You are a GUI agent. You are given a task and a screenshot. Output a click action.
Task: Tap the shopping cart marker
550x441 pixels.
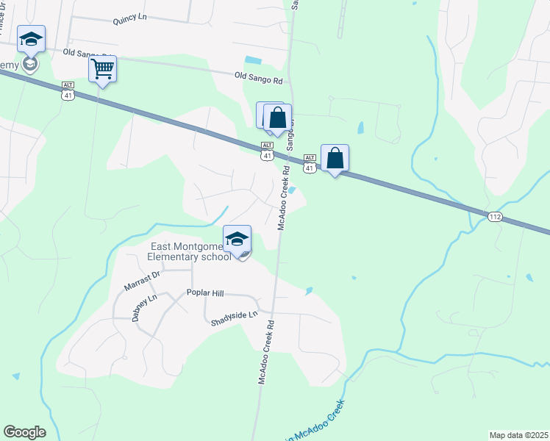coord(103,70)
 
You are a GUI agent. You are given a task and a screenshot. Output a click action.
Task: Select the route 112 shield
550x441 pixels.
coord(494,216)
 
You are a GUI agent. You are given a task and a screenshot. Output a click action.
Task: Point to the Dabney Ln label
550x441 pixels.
coord(145,308)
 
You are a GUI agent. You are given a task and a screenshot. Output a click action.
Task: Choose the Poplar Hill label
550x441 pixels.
coord(204,293)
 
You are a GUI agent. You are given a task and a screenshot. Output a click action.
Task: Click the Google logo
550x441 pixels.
coord(24,432)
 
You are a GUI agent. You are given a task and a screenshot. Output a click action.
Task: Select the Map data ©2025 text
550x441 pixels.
coord(518,435)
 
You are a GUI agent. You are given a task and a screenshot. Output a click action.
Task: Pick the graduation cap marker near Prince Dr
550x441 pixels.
coord(31,39)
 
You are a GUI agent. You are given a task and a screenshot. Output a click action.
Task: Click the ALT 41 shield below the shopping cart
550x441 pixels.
coord(68,90)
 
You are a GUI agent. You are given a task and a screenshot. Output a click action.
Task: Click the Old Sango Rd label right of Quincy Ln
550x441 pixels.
coord(258,76)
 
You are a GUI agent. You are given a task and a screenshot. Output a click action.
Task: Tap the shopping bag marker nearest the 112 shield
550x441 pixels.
coord(335,158)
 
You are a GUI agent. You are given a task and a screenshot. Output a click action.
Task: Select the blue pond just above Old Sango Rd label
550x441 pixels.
coord(253,60)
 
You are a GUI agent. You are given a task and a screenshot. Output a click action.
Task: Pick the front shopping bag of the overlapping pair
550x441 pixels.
coord(277,118)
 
